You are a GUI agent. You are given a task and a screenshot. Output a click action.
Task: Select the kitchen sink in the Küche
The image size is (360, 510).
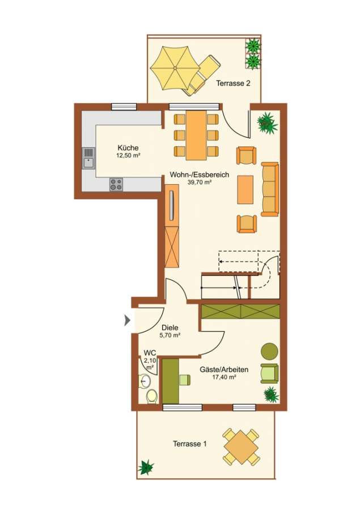pyautogui.click(x=89, y=158)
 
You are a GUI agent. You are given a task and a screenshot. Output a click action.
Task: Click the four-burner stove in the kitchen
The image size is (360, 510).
pyautogui.click(x=116, y=184)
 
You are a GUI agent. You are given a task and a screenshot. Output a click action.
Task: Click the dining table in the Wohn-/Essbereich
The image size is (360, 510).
pyautogui.click(x=196, y=135)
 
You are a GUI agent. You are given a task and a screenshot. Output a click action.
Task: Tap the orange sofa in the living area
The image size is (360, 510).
pyautogui.click(x=270, y=189)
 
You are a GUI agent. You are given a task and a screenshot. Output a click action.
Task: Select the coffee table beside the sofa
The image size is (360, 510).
pyautogui.click(x=245, y=190)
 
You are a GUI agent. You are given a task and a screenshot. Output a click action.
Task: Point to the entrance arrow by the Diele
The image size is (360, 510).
pyautogui.click(x=128, y=321)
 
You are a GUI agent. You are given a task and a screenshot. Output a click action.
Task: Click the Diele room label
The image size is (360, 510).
pyautogui.click(x=170, y=331)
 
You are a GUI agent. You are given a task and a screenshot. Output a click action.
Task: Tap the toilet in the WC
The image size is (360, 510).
pyautogui.click(x=151, y=397)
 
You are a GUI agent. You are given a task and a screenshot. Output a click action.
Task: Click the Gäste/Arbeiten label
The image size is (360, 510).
pyautogui.click(x=224, y=373)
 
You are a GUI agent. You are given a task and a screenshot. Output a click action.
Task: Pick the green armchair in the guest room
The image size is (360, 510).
pyautogui.click(x=269, y=373)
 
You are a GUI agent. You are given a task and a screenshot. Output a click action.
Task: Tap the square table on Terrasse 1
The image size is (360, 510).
pyautogui.click(x=241, y=447)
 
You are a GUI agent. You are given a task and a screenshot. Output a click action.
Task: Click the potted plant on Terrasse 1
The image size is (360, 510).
pyautogui.click(x=146, y=467)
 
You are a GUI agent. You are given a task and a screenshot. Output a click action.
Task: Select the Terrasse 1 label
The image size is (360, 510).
pyautogui.click(x=189, y=444)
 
